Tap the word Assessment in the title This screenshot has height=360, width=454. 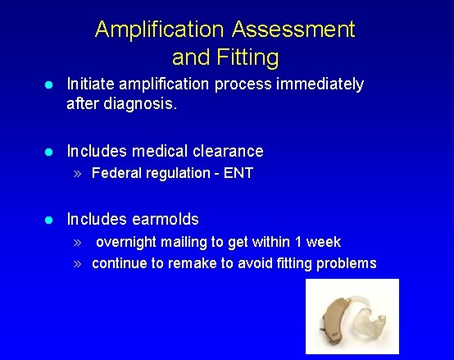pos(293,30)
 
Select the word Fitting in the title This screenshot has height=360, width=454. pos(249,57)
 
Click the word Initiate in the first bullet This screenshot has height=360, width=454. pos(91,84)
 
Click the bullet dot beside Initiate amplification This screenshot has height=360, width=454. pos(50,84)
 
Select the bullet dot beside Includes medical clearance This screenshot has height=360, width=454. pos(50,152)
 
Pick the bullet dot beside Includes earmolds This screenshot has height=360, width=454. pos(50,220)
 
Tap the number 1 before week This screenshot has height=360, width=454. pos(297,242)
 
